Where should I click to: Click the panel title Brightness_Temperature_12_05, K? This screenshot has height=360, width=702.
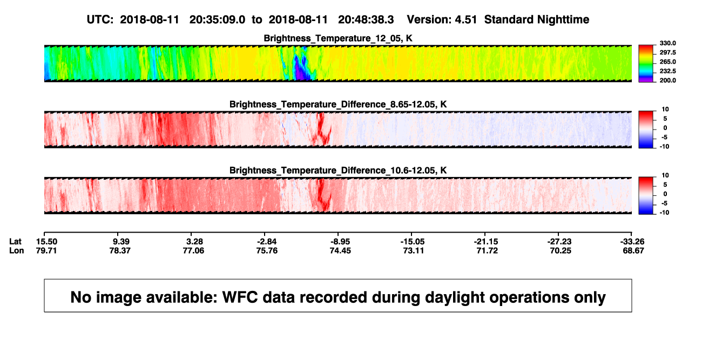pos(338,38)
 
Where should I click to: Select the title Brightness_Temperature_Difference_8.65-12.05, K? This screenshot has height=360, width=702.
pos(338,104)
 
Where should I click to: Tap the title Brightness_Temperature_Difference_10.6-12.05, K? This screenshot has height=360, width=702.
pos(338,171)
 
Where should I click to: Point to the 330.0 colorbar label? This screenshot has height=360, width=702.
pos(667,43)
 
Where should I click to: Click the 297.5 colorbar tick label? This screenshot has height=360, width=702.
pos(667,52)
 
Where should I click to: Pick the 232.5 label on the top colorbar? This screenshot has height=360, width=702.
pos(667,71)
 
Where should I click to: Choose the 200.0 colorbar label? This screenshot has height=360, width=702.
pos(667,80)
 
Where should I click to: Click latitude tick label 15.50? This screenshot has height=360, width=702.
pos(46,242)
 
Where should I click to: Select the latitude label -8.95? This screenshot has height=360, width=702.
pos(340,242)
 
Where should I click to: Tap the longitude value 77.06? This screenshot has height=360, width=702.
pos(193,250)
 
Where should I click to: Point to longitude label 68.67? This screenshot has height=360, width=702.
pos(633,250)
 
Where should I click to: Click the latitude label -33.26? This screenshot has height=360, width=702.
pos(632,242)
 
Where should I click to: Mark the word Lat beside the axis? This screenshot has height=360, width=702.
pos(15,242)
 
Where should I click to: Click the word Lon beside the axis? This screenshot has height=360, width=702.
pos(17,250)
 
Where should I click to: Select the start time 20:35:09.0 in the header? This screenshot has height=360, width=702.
pos(217,20)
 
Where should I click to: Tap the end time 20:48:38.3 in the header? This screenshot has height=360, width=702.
pos(366,20)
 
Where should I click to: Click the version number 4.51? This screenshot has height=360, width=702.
pos(466,20)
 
